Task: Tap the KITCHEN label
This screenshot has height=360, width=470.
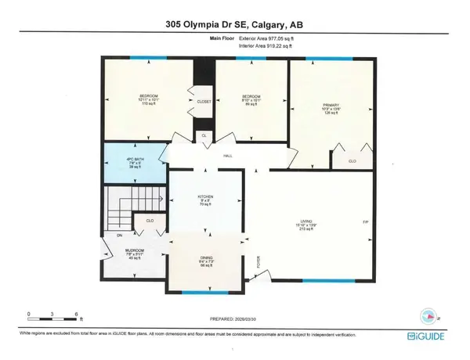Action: (x=207, y=197)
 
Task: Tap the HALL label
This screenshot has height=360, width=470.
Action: (x=227, y=156)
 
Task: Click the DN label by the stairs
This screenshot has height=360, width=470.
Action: (x=118, y=235)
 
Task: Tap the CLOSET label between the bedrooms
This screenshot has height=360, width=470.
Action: (x=204, y=102)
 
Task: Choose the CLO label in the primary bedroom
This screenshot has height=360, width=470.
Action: (x=342, y=161)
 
